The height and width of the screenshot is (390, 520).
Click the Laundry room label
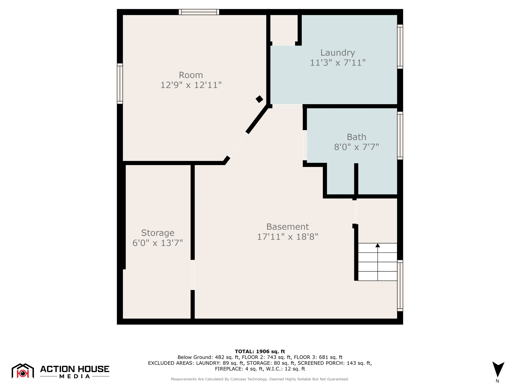click(337, 53)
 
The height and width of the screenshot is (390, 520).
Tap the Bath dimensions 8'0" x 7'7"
click(356, 147)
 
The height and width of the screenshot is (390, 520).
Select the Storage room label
click(158, 233)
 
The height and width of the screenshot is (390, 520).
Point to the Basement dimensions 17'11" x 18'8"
click(287, 237)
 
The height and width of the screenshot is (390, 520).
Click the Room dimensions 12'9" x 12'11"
click(191, 85)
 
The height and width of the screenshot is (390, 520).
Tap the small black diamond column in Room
click(259, 99)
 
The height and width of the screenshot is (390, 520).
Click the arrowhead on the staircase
click(378, 245)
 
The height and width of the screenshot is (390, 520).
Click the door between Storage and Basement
click(193, 275)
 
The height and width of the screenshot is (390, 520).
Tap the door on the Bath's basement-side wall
click(305, 145)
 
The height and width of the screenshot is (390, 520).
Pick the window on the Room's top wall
click(199, 12)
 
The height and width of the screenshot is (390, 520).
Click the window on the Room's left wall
click(120, 84)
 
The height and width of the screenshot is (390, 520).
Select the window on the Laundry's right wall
click(400, 47)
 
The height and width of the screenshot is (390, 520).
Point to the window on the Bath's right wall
click(400, 136)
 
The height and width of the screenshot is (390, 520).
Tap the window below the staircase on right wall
click(400, 285)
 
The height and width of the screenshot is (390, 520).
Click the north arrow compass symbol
click(498, 369)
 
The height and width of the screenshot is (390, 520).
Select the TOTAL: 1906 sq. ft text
click(260, 351)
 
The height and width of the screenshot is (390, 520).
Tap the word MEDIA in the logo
click(75, 376)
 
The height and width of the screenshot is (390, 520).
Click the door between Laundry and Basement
click(287, 106)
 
